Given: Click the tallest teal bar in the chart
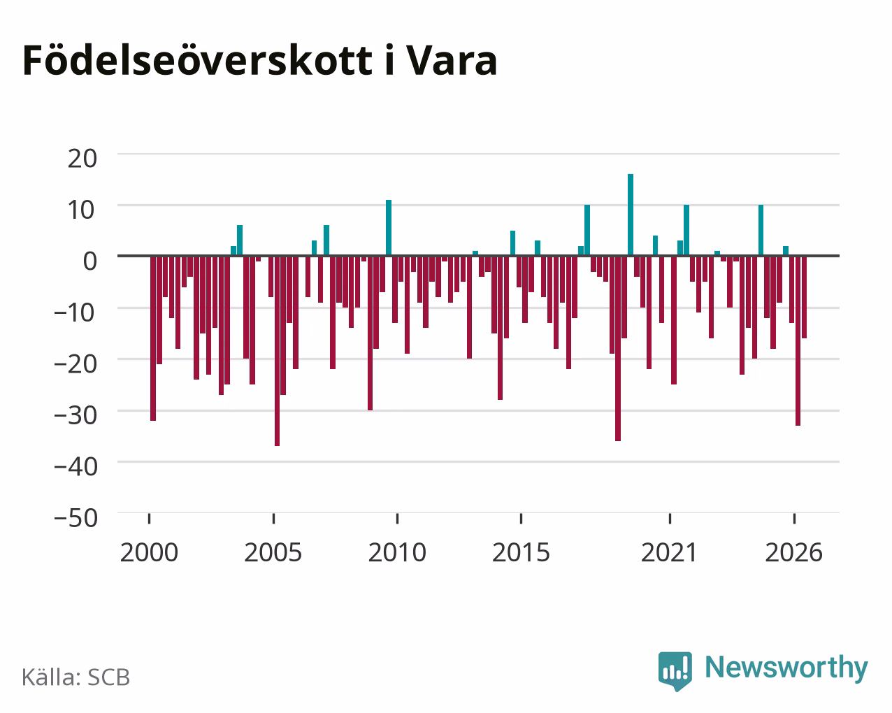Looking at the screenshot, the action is point(631,215).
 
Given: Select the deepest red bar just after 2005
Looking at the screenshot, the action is point(277,351).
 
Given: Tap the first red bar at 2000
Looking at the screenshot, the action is point(153,338).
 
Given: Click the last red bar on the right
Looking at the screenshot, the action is point(804,298).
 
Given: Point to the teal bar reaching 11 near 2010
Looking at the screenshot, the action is point(389,228).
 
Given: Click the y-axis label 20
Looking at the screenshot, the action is point(82,159).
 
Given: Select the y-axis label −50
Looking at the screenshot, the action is point(76,518).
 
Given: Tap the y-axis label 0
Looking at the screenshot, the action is point(90,261).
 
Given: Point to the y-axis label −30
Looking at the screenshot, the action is point(76,415).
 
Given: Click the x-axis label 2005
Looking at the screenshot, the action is point(273,552).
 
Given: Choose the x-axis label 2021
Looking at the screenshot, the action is point(670,552).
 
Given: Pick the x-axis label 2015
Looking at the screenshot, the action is point(521,552).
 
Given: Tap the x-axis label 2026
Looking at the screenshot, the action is point(793,552).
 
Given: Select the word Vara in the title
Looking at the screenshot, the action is point(451,61).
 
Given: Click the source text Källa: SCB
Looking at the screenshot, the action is point(76,677).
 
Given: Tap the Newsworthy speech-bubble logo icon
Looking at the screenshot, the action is point(675,671).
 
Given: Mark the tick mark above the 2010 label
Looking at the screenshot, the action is point(397,519).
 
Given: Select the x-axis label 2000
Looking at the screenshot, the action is point(149,552).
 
